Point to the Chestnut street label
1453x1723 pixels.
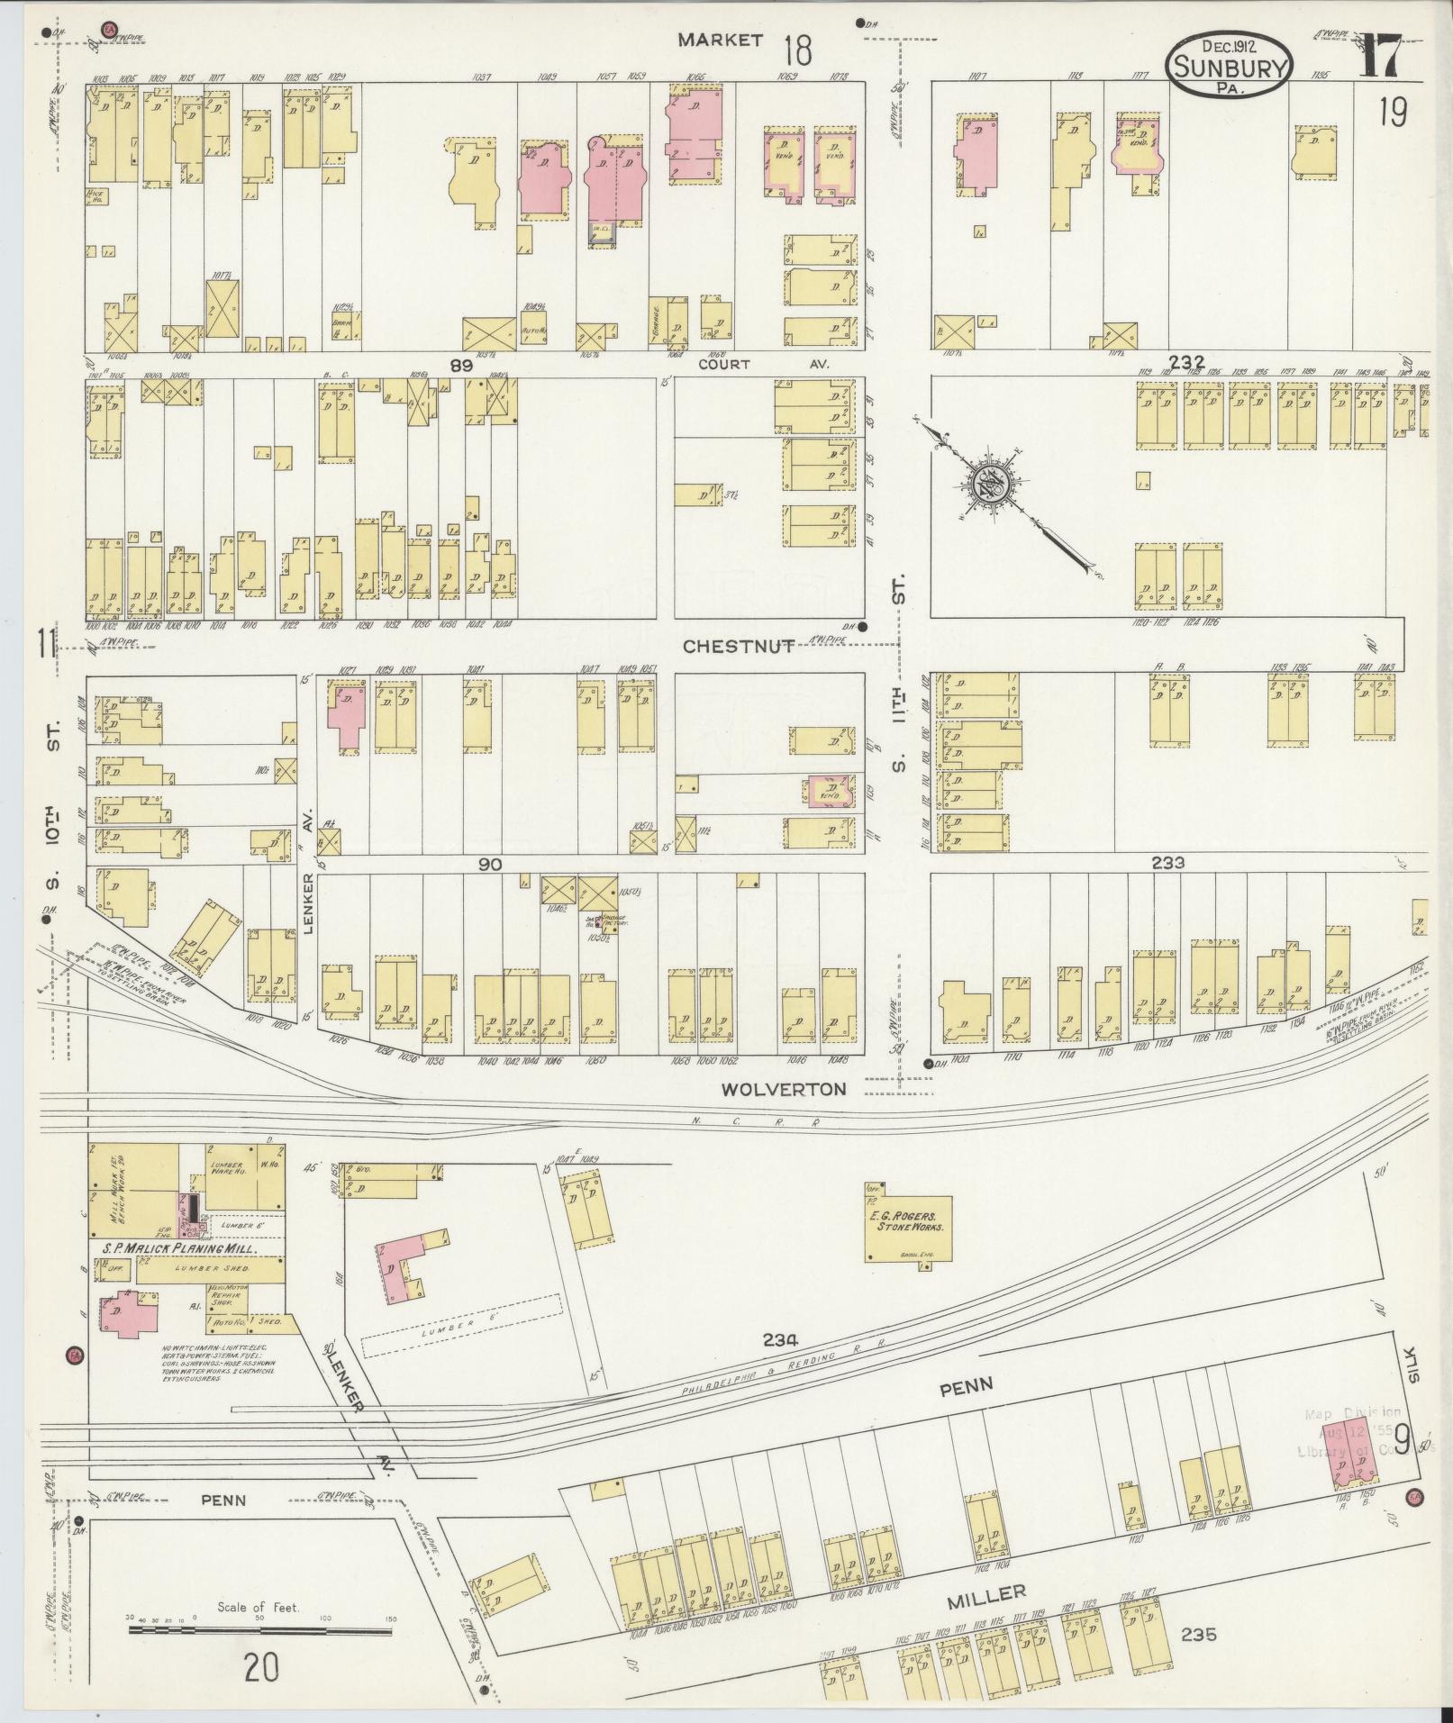click(x=737, y=646)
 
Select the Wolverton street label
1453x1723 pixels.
click(x=783, y=1089)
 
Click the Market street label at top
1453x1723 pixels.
click(x=721, y=40)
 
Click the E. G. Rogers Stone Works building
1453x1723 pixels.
click(x=908, y=1222)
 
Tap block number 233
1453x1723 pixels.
click(x=1167, y=863)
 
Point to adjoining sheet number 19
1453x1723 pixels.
click(x=1391, y=113)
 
